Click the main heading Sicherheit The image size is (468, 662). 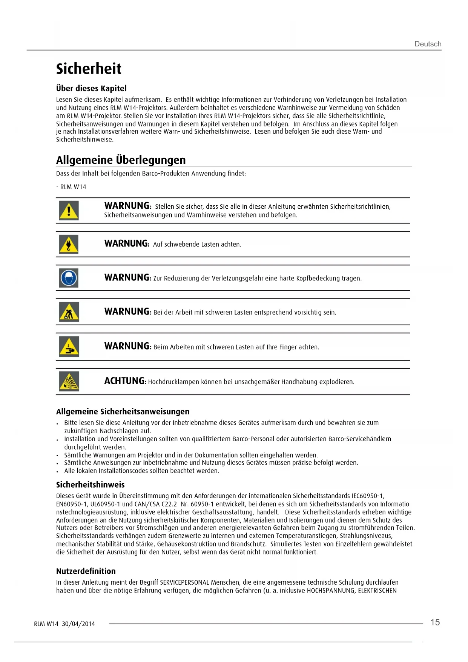(89, 69)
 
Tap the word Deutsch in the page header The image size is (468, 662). (428, 44)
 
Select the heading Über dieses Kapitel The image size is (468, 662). (91, 88)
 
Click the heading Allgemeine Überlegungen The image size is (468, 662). (121, 160)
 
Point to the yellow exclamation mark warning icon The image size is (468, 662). (69, 210)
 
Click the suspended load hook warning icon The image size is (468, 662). (69, 244)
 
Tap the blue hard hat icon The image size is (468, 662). (69, 278)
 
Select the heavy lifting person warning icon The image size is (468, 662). (69, 312)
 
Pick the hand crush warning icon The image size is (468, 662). (69, 346)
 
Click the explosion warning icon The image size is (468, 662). (69, 381)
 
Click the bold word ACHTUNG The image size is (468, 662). (125, 381)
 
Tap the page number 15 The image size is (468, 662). (435, 622)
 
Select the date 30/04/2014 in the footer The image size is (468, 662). (78, 624)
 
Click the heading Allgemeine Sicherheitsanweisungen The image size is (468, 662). (123, 411)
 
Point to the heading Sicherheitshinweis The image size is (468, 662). (90, 485)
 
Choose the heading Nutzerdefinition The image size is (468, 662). (86, 571)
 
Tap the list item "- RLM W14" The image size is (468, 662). (71, 187)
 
